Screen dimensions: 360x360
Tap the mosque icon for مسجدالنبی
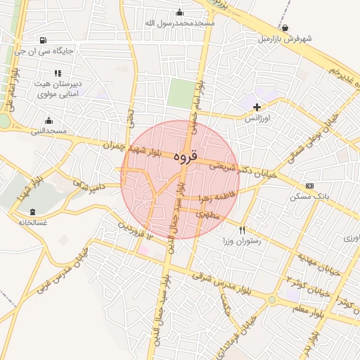[49, 120]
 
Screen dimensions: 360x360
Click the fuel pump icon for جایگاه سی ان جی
[44, 40]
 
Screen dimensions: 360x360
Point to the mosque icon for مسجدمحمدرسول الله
[180, 12]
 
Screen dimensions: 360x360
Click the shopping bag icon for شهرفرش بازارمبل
[284, 28]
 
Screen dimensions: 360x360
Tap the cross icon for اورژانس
[257, 108]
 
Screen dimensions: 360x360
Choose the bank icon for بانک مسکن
[310, 186]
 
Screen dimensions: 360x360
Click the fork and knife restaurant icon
[242, 230]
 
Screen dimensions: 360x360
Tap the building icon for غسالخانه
[32, 212]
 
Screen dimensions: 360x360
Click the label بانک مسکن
[309, 197]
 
